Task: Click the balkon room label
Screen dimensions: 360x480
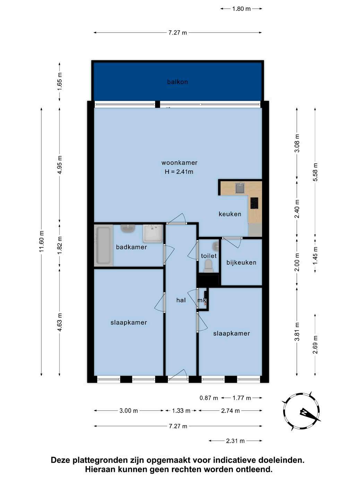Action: click(177, 82)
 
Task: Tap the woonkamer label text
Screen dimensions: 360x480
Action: click(179, 163)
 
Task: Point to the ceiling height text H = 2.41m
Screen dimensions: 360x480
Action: click(179, 172)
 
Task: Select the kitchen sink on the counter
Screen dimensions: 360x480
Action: click(240, 189)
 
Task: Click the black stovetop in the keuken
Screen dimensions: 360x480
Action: click(254, 203)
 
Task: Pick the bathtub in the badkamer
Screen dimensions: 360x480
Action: click(103, 245)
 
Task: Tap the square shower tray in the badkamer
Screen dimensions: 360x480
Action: click(153, 233)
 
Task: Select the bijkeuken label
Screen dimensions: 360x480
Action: click(241, 263)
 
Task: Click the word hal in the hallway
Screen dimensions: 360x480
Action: click(181, 300)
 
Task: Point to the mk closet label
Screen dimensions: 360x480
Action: click(202, 300)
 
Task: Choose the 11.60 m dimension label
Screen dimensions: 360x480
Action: click(42, 241)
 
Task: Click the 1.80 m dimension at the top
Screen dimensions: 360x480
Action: click(241, 9)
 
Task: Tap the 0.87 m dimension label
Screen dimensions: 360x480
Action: click(209, 398)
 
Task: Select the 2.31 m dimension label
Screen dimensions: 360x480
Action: click(235, 441)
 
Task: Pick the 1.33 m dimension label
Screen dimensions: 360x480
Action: click(181, 411)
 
